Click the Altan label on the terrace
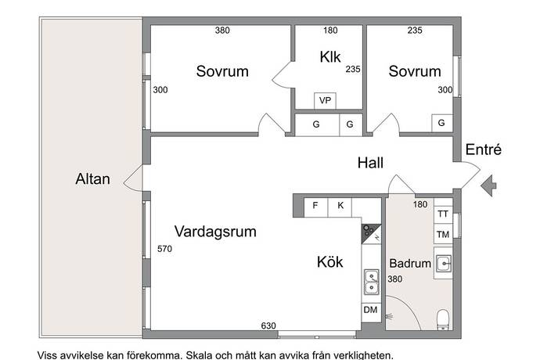[x=92, y=179]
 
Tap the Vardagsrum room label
[x=215, y=232]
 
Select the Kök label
[x=329, y=262]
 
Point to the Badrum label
[x=410, y=264]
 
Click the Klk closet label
[x=330, y=57]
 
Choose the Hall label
[x=370, y=163]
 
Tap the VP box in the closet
[x=325, y=101]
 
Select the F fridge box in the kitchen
[x=315, y=207]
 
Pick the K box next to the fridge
[x=340, y=207]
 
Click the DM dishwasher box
[x=371, y=312]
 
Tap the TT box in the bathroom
[x=443, y=214]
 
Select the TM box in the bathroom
[x=443, y=234]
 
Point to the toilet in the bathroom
[x=443, y=319]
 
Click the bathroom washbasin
[x=443, y=264]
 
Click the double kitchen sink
[x=372, y=283]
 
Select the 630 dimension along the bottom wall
[x=268, y=326]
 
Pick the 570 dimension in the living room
[x=164, y=249]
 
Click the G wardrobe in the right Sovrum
[x=441, y=123]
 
